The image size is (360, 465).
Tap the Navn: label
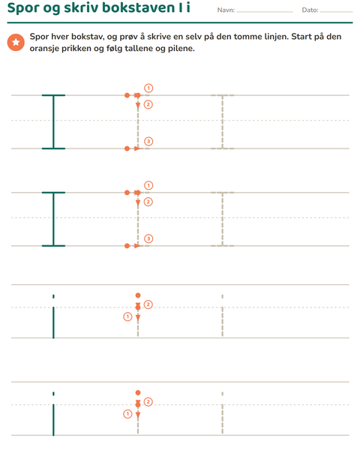226,10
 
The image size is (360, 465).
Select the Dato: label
310,10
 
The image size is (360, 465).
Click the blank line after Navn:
265,12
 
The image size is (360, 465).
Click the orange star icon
16,43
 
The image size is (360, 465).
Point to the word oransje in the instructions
44,48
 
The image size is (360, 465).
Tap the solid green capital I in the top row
53,122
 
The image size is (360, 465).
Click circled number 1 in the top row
148,88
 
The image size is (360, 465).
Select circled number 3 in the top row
148,142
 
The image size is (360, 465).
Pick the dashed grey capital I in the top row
223,122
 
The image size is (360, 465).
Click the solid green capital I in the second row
53,219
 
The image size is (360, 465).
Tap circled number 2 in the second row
148,202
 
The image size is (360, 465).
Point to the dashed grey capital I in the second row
223,219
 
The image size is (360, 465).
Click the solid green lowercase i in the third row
53,316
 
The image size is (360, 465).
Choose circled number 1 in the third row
127,316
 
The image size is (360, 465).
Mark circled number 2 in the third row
148,304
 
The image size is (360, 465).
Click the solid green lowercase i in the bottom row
53,414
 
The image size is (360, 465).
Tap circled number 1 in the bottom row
127,414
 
